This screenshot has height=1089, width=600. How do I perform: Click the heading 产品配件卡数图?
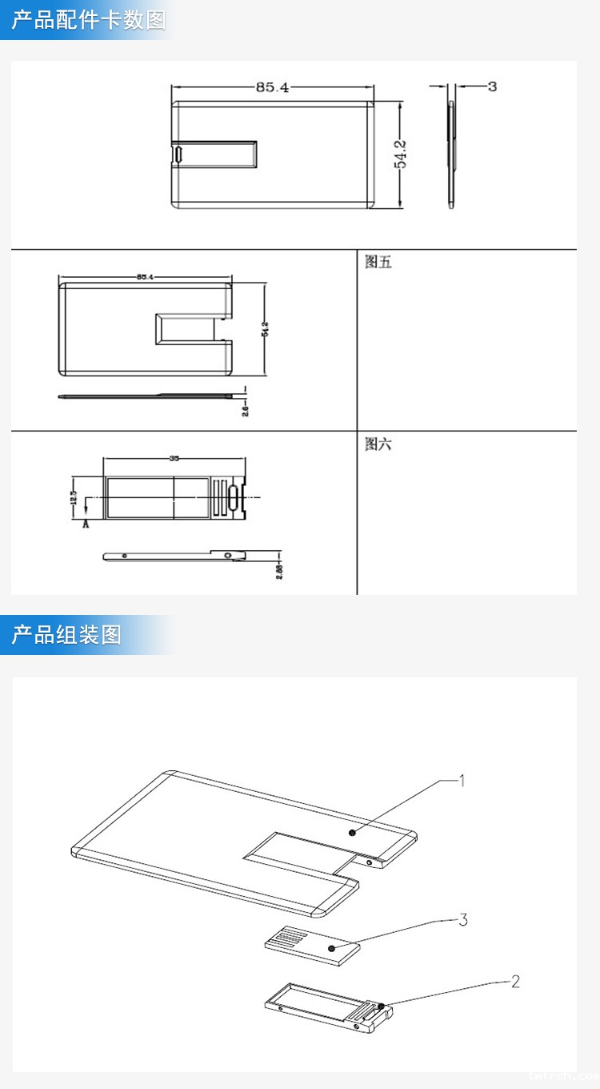tap(88, 20)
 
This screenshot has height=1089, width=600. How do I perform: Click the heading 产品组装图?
tap(66, 635)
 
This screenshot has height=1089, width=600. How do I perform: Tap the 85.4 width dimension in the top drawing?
tap(272, 87)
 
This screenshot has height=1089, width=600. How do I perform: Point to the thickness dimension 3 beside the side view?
tap(492, 86)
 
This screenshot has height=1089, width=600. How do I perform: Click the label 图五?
tap(378, 262)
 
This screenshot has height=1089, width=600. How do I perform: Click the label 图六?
tap(378, 444)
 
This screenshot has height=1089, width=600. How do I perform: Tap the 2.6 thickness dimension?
tap(246, 408)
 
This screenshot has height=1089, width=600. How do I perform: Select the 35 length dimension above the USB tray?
tap(174, 459)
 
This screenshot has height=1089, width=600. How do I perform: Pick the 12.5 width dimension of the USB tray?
tap(74, 499)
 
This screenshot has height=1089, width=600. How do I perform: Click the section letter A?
tap(86, 524)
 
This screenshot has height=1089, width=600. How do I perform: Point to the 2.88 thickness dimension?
tap(279, 569)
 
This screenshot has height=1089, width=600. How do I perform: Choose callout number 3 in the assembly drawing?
tap(462, 919)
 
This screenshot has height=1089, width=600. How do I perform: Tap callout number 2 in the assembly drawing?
tap(515, 981)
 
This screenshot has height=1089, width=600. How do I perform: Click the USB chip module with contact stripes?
tap(312, 946)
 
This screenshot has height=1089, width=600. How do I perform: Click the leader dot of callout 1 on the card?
tap(352, 833)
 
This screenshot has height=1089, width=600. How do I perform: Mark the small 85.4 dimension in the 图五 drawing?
tap(145, 276)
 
